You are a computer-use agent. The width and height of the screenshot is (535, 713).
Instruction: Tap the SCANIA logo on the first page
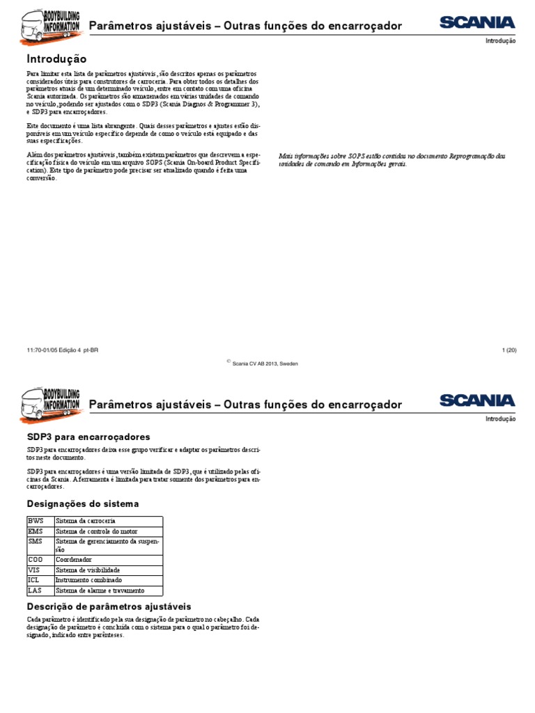click(477, 23)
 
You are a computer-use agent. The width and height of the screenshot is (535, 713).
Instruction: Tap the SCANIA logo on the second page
click(477, 400)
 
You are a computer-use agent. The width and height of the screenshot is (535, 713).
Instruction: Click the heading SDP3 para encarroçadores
click(88, 437)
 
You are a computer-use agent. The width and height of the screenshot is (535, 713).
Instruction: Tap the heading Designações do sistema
click(83, 503)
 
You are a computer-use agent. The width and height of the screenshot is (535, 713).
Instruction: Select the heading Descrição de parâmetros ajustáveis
click(109, 606)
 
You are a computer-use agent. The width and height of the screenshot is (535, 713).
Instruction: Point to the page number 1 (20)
click(508, 350)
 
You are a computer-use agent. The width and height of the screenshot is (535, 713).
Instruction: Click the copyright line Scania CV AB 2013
click(265, 363)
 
